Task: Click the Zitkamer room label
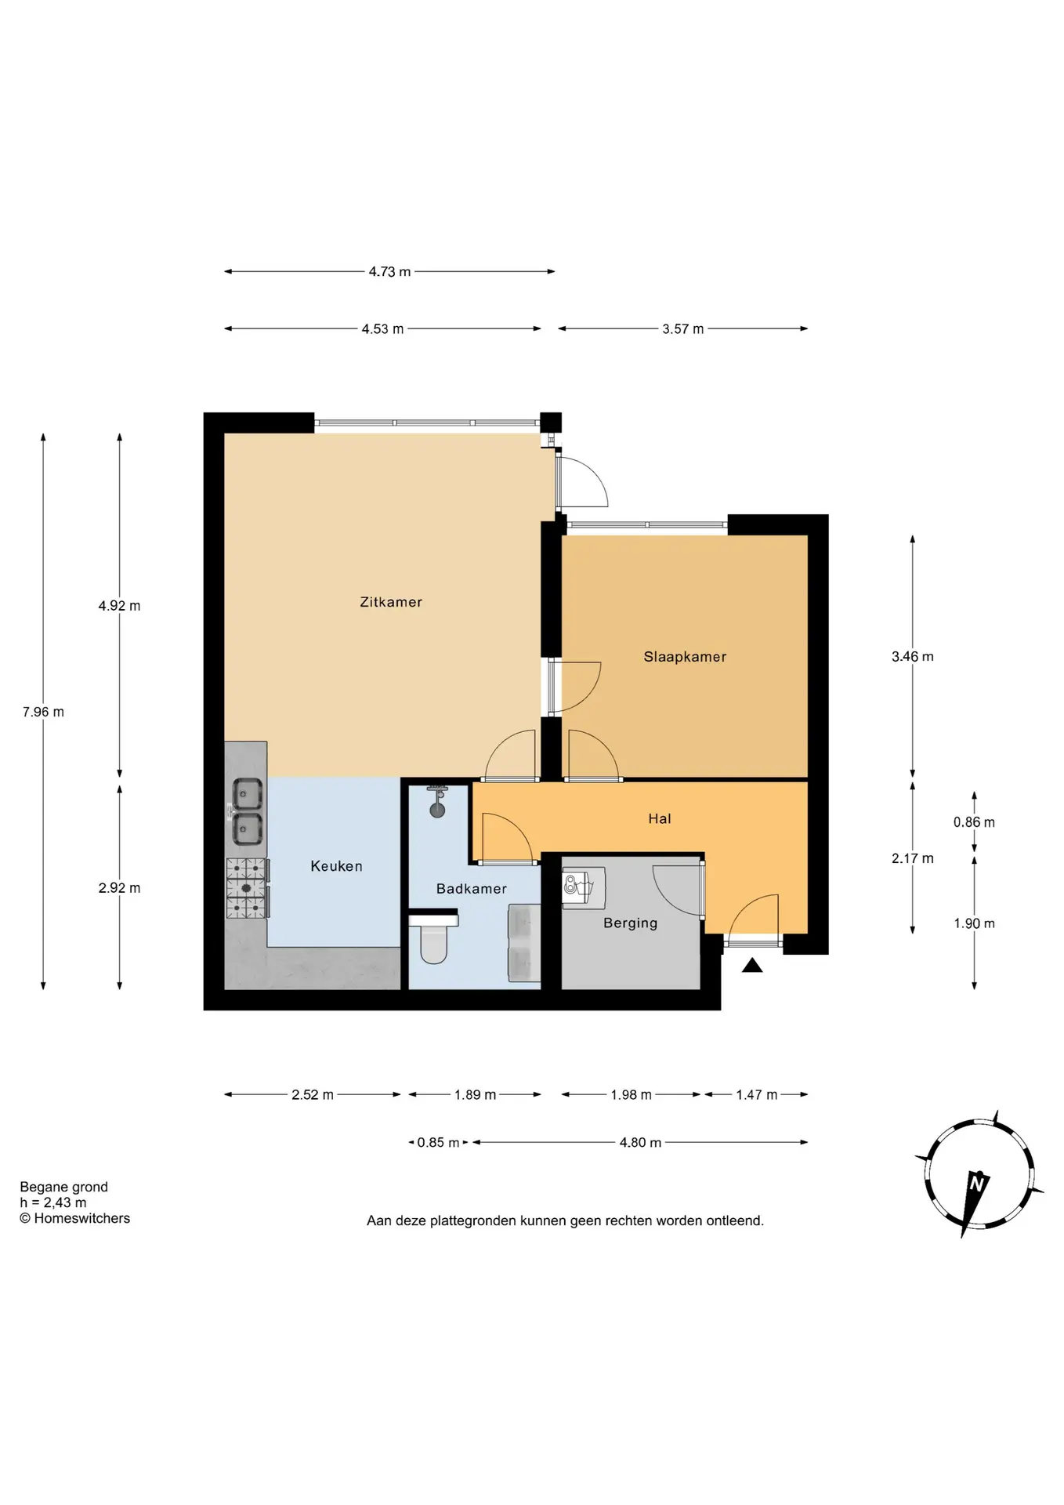point(391,602)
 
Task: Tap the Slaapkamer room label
point(685,657)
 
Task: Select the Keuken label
point(336,866)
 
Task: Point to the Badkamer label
point(472,889)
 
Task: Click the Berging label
point(630,923)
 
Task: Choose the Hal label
point(660,819)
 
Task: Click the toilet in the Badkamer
point(434,939)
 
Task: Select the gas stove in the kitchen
point(248,888)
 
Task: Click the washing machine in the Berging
point(584,887)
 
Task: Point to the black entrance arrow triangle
point(752,966)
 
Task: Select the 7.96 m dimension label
point(43,713)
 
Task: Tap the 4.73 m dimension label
point(390,272)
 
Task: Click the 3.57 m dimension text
point(683,329)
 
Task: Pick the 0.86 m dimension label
point(974,822)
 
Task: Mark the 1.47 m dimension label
point(757,1095)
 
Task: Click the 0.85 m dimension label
point(438,1143)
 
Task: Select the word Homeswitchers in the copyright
point(82,1218)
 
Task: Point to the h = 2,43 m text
point(53,1202)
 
